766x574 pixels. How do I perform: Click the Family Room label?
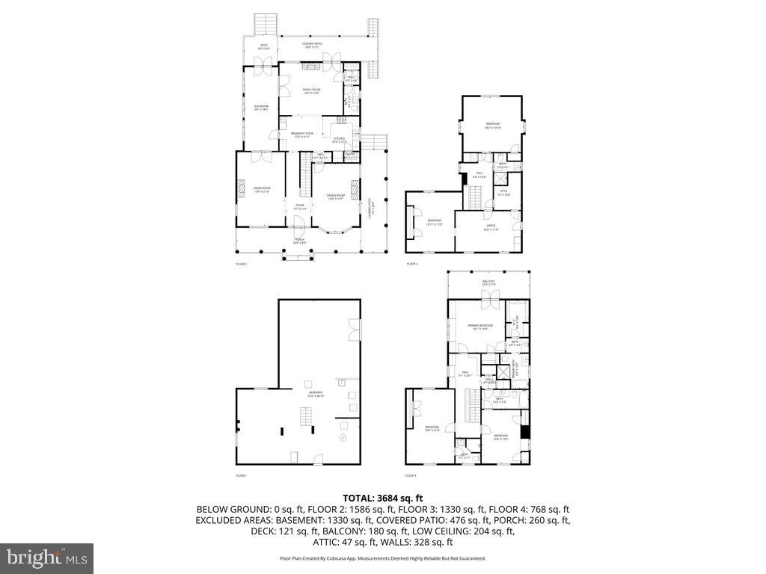(311, 91)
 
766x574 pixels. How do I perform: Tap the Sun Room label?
(260, 108)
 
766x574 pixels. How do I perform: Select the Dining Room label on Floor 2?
(335, 197)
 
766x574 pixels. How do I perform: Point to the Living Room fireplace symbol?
(242, 188)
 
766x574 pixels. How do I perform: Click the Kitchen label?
(338, 140)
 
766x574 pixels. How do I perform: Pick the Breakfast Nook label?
(301, 135)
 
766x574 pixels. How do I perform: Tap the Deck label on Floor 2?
(263, 46)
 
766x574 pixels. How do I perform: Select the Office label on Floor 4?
(490, 227)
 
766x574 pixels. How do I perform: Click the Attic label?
(504, 193)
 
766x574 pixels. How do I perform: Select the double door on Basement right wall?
(353, 327)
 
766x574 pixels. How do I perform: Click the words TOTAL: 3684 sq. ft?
(383, 498)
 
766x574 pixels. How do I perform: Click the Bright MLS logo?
(46, 558)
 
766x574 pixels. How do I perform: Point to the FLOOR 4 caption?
(412, 264)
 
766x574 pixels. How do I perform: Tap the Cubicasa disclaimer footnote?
(383, 558)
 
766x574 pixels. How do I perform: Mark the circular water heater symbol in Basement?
(343, 438)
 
